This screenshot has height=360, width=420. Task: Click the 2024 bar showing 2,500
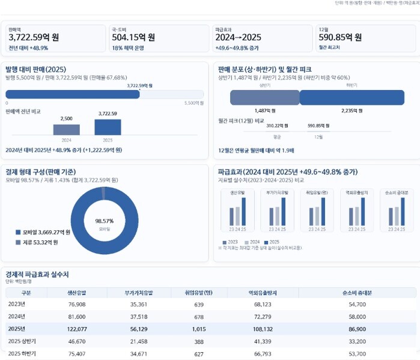click(66, 129)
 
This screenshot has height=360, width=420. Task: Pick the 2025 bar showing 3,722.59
click(108, 127)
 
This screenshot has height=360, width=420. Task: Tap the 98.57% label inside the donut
click(104, 221)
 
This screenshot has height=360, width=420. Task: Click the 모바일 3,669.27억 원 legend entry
click(46, 232)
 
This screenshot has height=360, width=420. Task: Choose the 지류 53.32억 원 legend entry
click(40, 242)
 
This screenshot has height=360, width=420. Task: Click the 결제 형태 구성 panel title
click(40, 171)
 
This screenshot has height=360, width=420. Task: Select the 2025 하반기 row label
click(22, 353)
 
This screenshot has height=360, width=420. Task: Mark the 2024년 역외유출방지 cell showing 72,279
click(259, 316)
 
